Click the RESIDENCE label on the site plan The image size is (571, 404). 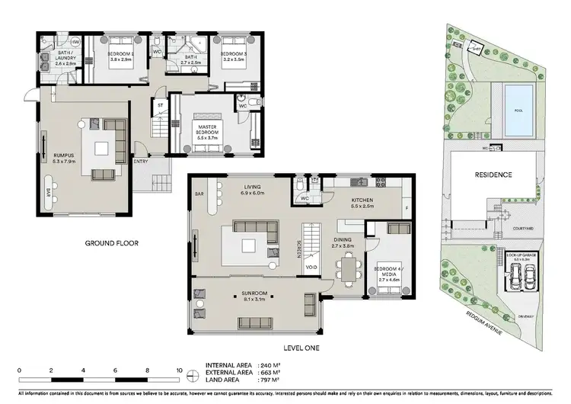493,175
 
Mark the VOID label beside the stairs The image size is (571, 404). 311,268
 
